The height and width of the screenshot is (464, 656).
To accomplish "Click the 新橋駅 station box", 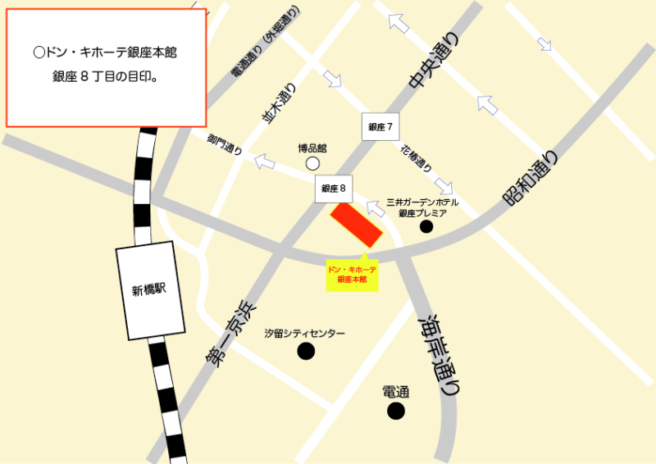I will click(148, 290).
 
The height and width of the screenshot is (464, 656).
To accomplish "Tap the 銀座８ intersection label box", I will click(334, 189).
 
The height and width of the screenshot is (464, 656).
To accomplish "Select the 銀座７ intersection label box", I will click(381, 127).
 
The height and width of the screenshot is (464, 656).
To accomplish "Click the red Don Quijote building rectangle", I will click(357, 224).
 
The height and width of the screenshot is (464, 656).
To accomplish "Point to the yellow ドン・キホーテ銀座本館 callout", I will click(352, 275).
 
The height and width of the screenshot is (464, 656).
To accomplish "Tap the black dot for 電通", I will click(396, 411).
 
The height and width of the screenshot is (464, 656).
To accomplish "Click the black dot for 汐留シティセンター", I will click(306, 352).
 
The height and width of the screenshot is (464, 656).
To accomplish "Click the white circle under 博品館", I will click(312, 164).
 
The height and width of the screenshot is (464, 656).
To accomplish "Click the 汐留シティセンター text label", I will click(305, 334).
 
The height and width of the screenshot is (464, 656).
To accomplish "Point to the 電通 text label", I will click(395, 393).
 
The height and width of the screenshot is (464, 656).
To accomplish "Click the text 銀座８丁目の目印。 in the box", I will click(105, 78).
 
